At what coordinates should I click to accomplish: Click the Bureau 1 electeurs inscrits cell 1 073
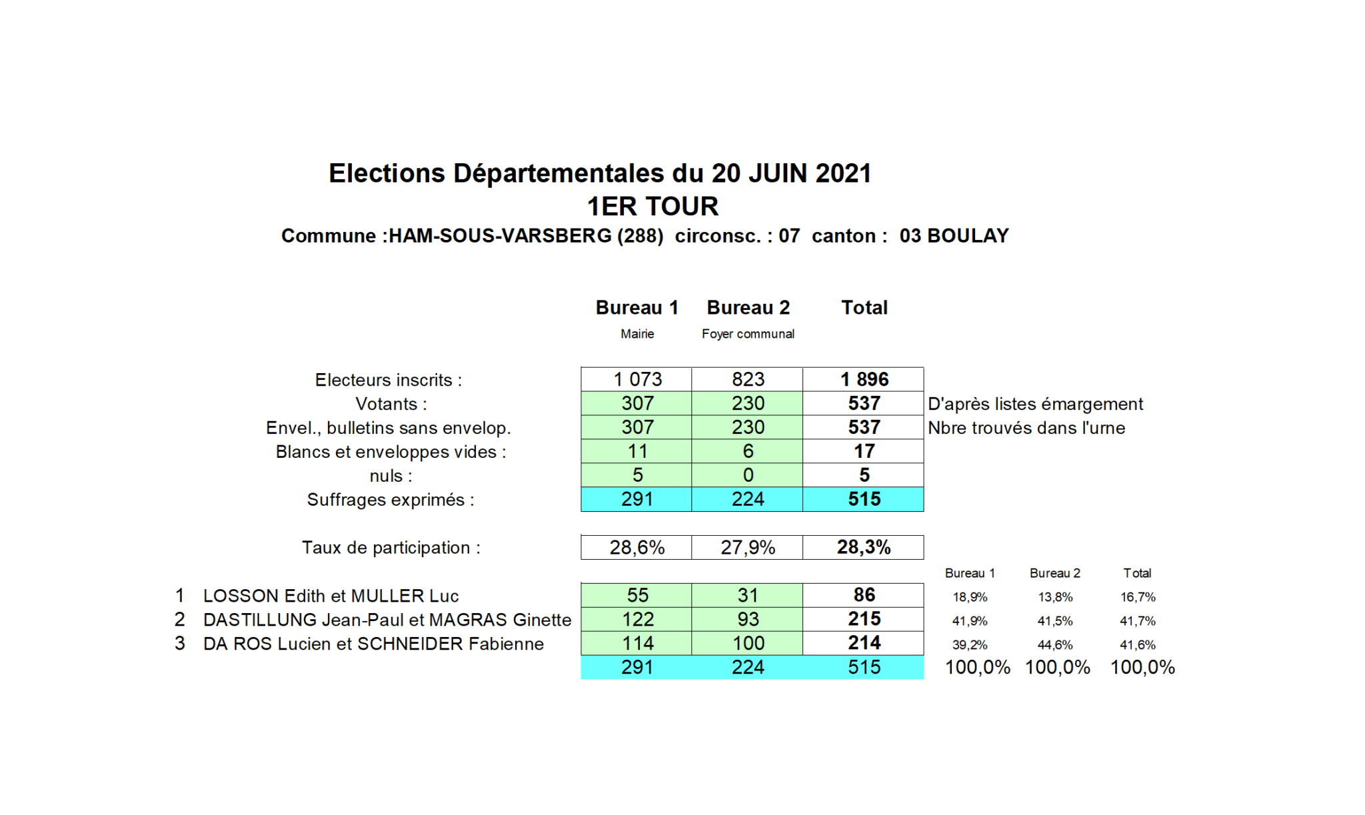637,379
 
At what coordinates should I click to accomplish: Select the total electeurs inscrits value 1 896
864,379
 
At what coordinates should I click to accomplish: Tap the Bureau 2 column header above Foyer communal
748,307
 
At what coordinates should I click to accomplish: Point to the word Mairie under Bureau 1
637,334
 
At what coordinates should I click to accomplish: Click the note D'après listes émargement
1035,404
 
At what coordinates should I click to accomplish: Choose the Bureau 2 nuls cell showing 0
748,475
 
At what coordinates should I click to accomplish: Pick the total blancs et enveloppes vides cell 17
864,451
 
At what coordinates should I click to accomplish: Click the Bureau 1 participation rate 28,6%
637,548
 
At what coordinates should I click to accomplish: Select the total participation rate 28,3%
864,547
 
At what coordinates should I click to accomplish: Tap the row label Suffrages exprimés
391,500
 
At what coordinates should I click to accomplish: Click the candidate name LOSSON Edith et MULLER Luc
331,596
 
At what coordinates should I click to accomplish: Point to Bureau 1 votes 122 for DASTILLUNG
637,619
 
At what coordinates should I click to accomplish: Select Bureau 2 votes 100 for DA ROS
748,643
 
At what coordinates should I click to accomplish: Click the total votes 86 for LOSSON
864,595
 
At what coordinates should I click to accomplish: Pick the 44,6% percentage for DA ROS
1055,645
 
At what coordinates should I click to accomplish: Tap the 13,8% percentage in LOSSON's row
1055,597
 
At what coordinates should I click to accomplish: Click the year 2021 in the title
843,173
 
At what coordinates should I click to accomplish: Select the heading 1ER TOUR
653,207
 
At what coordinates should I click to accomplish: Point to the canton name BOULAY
968,236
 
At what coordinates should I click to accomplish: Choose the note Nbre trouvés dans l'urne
1026,428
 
